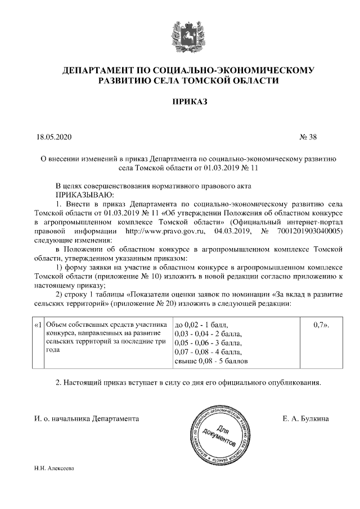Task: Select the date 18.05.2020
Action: click(x=53, y=136)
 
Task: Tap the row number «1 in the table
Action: click(x=38, y=325)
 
